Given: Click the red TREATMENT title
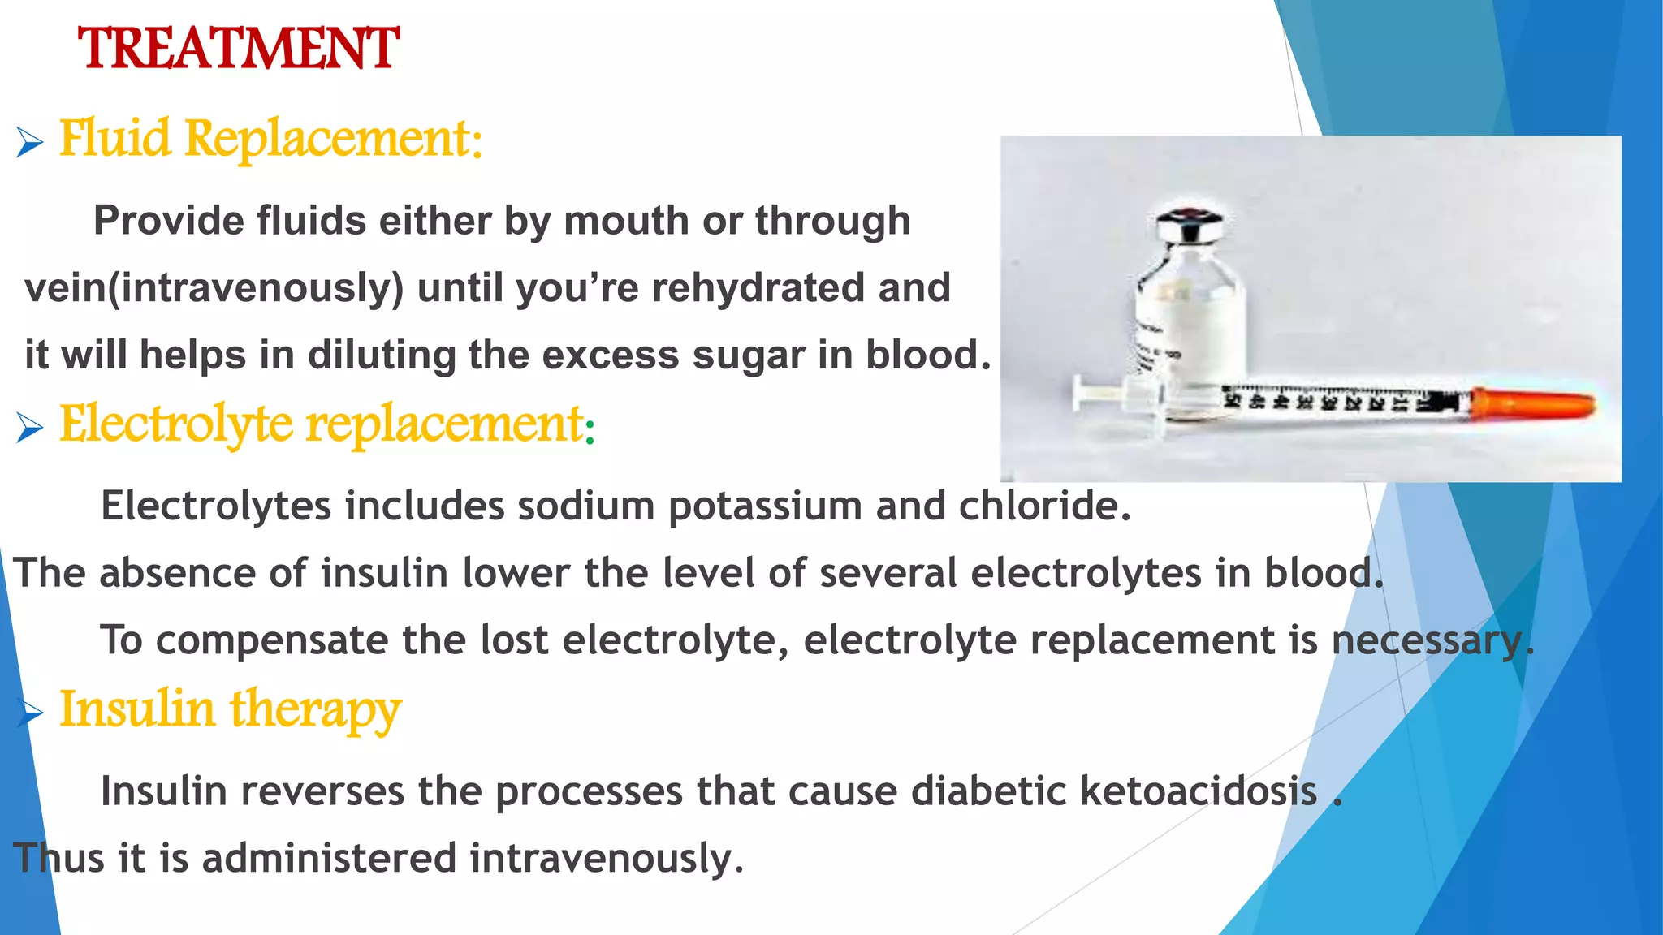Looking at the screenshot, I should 238,49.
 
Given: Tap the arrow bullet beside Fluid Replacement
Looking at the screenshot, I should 29,144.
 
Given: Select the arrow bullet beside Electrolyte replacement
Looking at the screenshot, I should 29,428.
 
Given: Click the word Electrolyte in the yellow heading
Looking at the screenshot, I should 175,424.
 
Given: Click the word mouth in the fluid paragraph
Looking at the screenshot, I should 625,221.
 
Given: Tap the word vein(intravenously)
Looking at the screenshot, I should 214,288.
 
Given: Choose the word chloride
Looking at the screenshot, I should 1044,506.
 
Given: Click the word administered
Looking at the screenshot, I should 329,858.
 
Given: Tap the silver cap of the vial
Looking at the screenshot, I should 1189,226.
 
